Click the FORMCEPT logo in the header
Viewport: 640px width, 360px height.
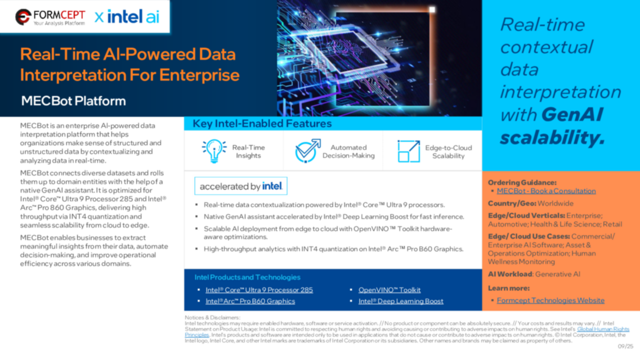click(x=50, y=17)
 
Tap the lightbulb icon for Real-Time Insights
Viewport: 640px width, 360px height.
click(x=214, y=151)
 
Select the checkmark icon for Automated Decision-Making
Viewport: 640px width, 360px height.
click(x=307, y=151)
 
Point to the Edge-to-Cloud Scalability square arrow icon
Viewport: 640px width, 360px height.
click(x=408, y=151)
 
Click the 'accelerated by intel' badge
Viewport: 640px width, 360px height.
click(x=241, y=186)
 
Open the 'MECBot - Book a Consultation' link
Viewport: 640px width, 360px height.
click(x=546, y=191)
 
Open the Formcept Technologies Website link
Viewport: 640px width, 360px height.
click(x=551, y=300)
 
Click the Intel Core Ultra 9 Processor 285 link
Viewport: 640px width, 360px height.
click(x=259, y=290)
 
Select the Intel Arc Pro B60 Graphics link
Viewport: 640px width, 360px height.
click(x=250, y=301)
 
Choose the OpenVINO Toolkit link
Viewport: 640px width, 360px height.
click(x=390, y=290)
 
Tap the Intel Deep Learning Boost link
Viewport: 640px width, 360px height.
click(x=401, y=301)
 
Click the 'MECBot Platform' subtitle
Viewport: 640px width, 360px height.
click(x=73, y=101)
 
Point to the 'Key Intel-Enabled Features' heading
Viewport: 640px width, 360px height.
click(x=262, y=124)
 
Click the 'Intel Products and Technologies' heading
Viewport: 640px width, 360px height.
click(x=247, y=277)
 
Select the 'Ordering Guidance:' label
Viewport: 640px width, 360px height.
click(x=522, y=183)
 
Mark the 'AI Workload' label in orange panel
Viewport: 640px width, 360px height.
click(x=510, y=274)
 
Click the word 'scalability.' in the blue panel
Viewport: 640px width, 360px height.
click(x=552, y=137)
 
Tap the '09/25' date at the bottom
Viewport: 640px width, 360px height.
click(x=625, y=346)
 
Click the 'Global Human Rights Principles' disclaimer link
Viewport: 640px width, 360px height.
click(x=603, y=329)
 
